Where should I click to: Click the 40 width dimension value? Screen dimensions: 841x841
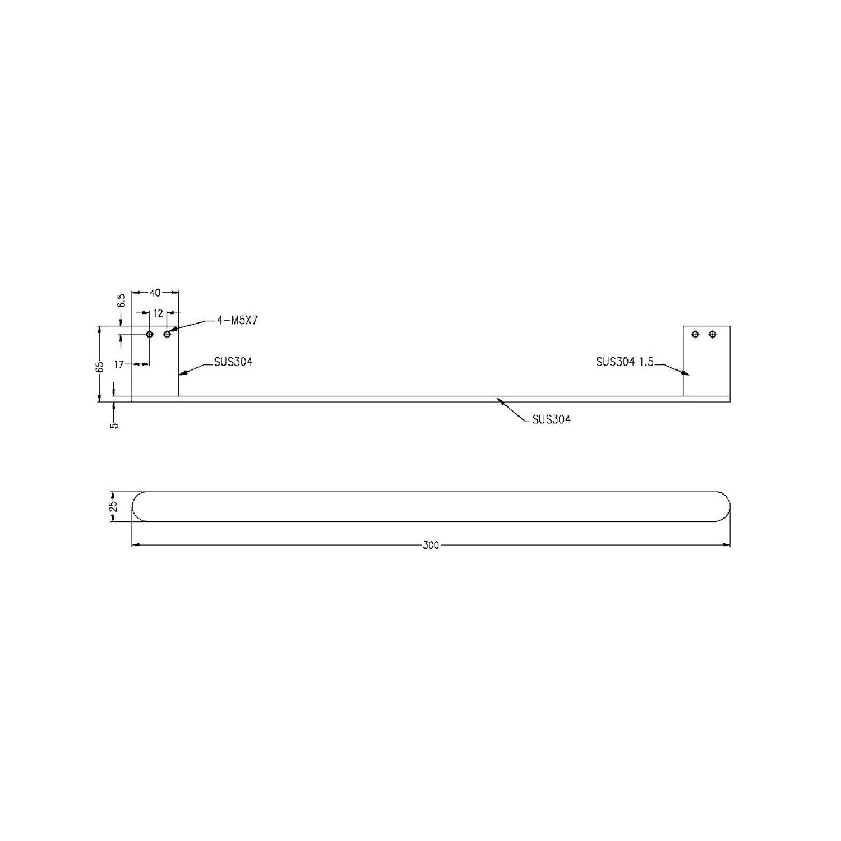[x=155, y=292]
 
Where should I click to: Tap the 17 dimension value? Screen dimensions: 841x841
[x=119, y=364]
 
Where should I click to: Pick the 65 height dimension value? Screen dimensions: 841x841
[x=100, y=367]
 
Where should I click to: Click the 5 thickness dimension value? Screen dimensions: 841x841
[x=114, y=425]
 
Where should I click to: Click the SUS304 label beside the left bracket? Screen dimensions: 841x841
[x=233, y=362]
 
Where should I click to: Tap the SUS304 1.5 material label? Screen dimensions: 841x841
[x=625, y=362]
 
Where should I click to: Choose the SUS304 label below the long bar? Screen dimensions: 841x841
[x=551, y=419]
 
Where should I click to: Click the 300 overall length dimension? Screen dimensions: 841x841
[x=431, y=545]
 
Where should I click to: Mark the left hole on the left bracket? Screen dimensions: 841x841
[x=149, y=334]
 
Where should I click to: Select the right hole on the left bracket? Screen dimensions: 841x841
[x=167, y=334]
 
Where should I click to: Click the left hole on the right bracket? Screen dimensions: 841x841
[x=695, y=334]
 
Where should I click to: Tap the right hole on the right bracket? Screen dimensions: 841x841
[x=713, y=334]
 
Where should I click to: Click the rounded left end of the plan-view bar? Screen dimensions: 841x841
[x=137, y=507]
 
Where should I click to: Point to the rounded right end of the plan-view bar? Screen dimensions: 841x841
[x=724, y=507]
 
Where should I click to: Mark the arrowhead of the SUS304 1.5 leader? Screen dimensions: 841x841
[x=686, y=373]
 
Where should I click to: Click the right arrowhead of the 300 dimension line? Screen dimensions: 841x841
[x=727, y=544]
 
